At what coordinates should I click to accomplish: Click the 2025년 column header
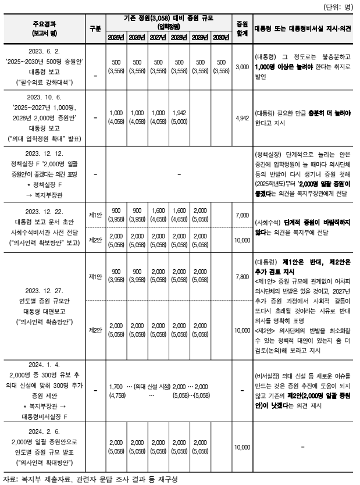point(116,38)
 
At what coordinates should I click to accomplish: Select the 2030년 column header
point(218,38)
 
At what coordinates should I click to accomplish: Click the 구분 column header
point(95,28)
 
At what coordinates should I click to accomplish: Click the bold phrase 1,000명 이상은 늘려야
point(283,67)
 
